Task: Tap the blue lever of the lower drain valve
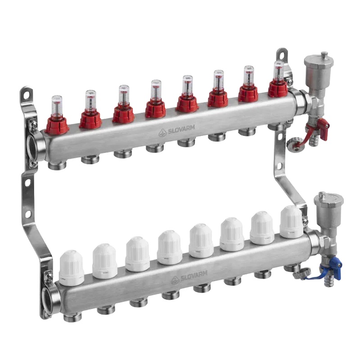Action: [x=335, y=263]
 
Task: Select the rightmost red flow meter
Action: [x=278, y=83]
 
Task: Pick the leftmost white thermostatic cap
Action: [x=71, y=268]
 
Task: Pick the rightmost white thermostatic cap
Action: [x=291, y=222]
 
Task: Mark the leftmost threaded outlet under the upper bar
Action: [x=57, y=165]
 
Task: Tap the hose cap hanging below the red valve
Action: [x=295, y=146]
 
